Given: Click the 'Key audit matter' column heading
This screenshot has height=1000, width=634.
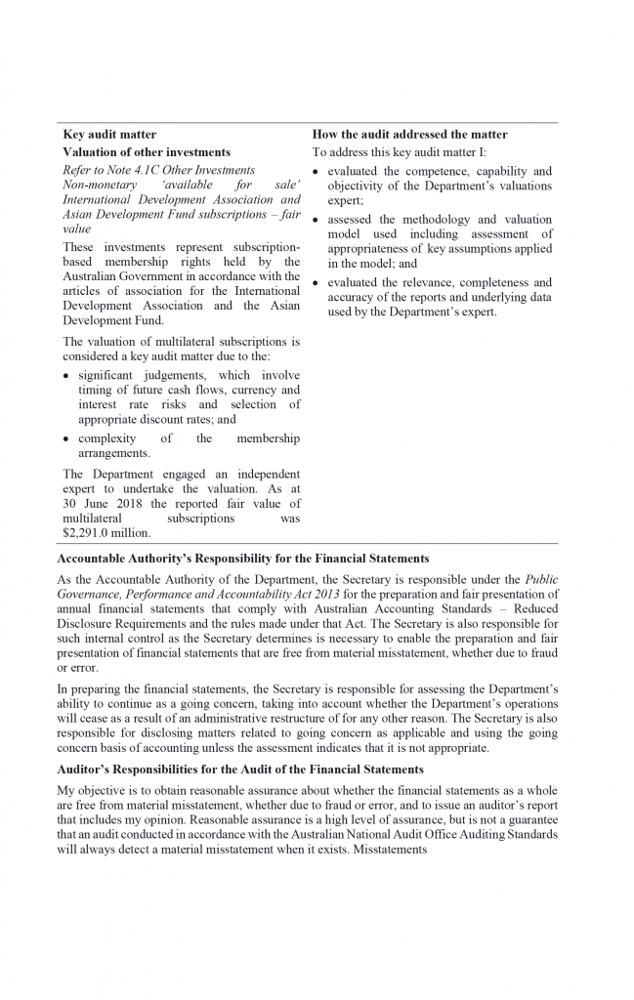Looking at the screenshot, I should pos(109,134).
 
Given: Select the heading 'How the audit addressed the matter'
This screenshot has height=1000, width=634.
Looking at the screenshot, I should pos(409,134).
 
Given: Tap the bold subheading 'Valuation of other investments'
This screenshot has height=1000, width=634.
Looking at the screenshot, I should pos(147,152).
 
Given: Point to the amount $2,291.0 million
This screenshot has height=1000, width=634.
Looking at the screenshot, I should pos(106,533).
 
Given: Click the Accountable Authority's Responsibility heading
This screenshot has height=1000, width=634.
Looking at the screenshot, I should pos(243,559).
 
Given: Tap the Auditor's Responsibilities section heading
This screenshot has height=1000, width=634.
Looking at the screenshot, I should pos(240,770).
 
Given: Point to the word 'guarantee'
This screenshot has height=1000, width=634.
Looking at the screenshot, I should pos(532,820).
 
